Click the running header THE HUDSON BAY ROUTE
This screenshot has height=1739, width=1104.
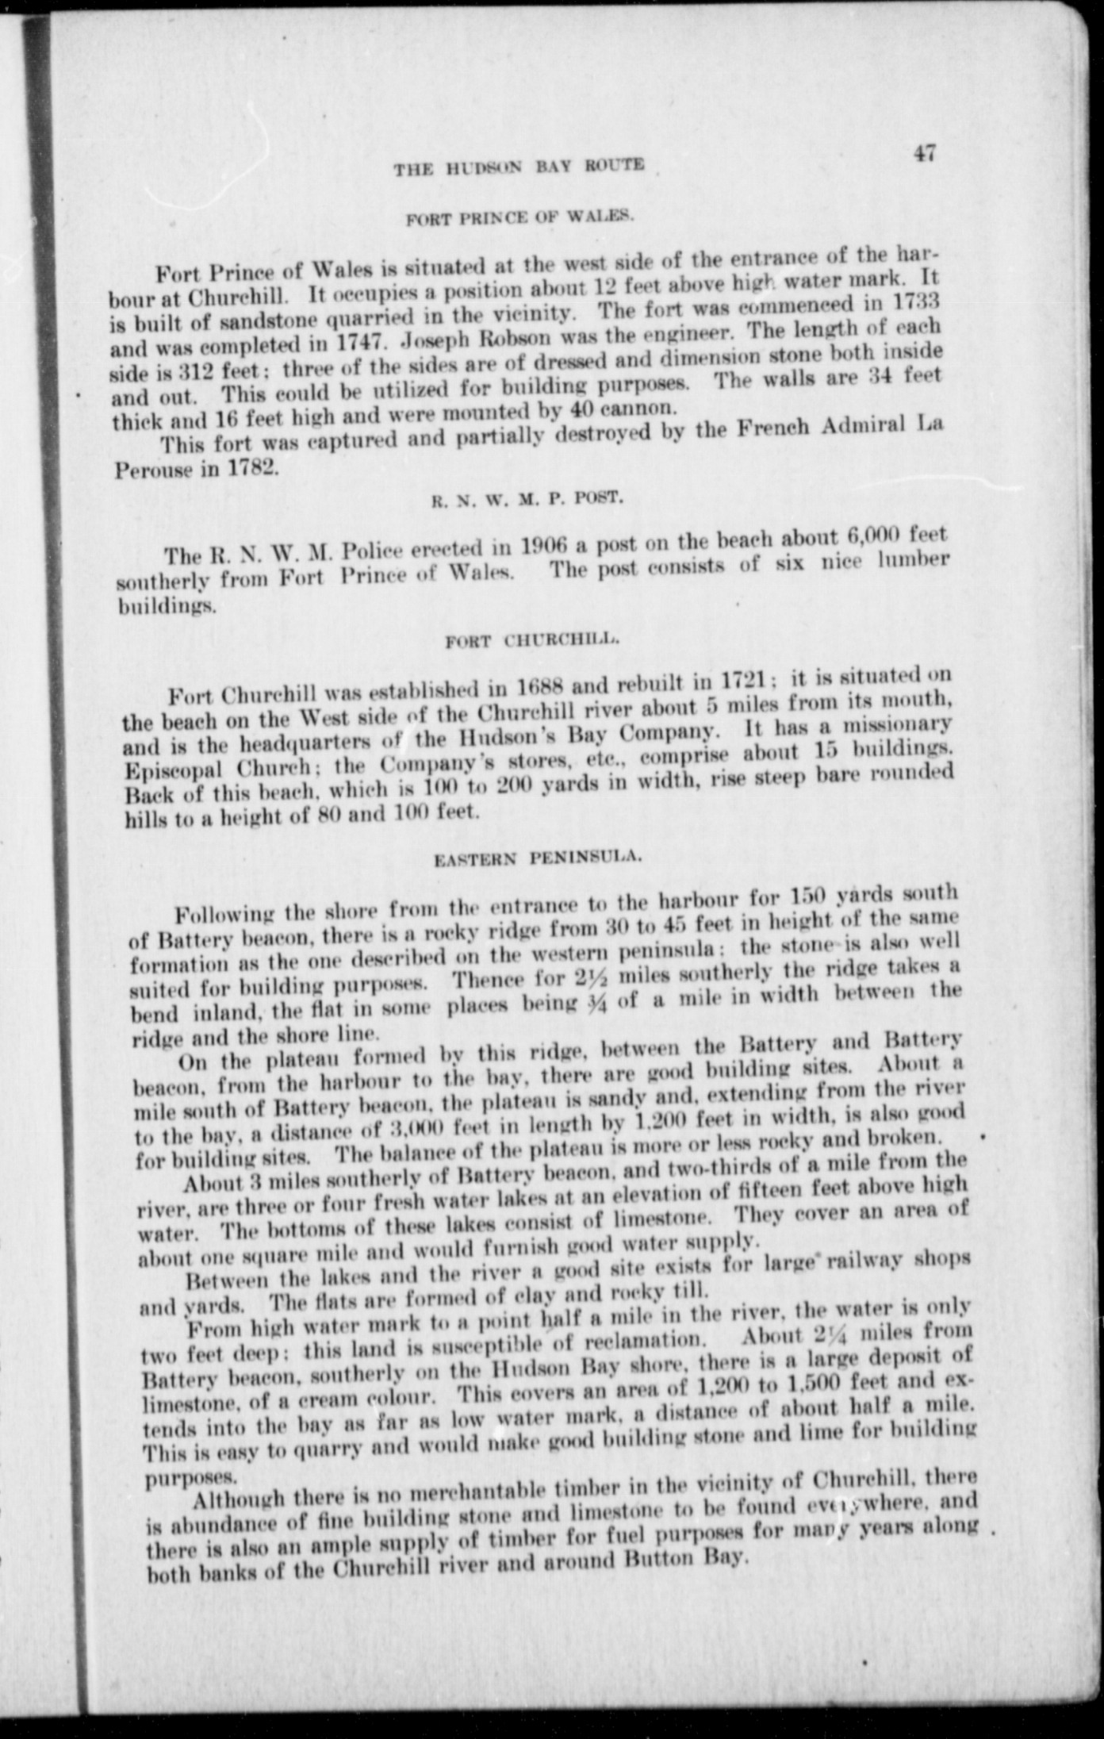point(519,167)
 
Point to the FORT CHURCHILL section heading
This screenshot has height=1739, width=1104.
point(531,639)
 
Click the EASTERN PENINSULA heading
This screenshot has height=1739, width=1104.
point(539,856)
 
